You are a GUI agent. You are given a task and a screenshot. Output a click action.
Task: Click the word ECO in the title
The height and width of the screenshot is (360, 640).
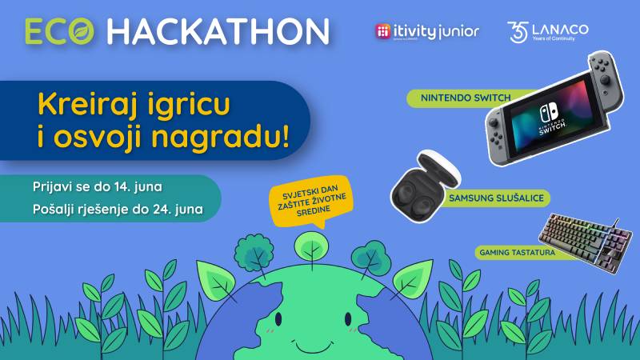[59, 30]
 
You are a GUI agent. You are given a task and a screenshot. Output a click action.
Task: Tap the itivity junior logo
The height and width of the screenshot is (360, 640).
[427, 31]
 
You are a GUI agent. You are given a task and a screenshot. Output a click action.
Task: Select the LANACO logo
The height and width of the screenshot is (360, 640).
[548, 31]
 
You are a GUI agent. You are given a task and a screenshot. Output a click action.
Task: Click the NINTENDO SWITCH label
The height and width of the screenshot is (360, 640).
[448, 99]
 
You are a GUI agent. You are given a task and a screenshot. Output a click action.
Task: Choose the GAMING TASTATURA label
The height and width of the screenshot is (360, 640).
[511, 252]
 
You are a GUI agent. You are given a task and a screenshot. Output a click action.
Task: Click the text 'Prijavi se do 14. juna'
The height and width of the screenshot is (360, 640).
[98, 187]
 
